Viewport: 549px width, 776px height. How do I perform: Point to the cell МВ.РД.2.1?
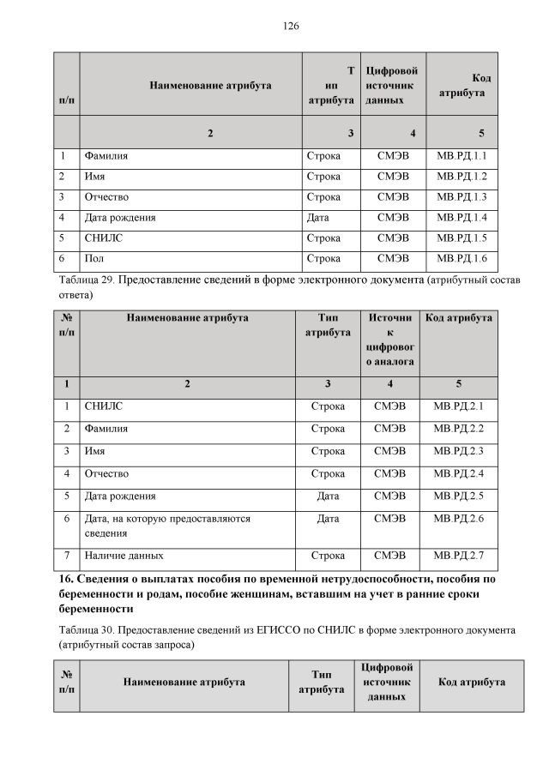[459, 406]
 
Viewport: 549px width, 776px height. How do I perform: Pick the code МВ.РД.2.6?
[459, 519]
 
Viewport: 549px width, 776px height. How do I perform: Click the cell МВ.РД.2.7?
[459, 556]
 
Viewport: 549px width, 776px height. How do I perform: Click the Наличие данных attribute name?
[124, 556]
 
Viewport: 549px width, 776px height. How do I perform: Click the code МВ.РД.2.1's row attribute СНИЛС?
[104, 406]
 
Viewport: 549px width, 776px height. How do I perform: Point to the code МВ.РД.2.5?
[459, 496]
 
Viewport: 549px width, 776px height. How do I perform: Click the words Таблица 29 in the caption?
[90, 280]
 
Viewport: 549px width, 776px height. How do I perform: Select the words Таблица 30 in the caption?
[90, 630]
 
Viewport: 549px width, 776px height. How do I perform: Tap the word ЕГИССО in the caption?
[256, 630]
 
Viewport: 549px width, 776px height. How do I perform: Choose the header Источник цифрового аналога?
[390, 340]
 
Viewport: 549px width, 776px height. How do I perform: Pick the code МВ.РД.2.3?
[459, 450]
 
